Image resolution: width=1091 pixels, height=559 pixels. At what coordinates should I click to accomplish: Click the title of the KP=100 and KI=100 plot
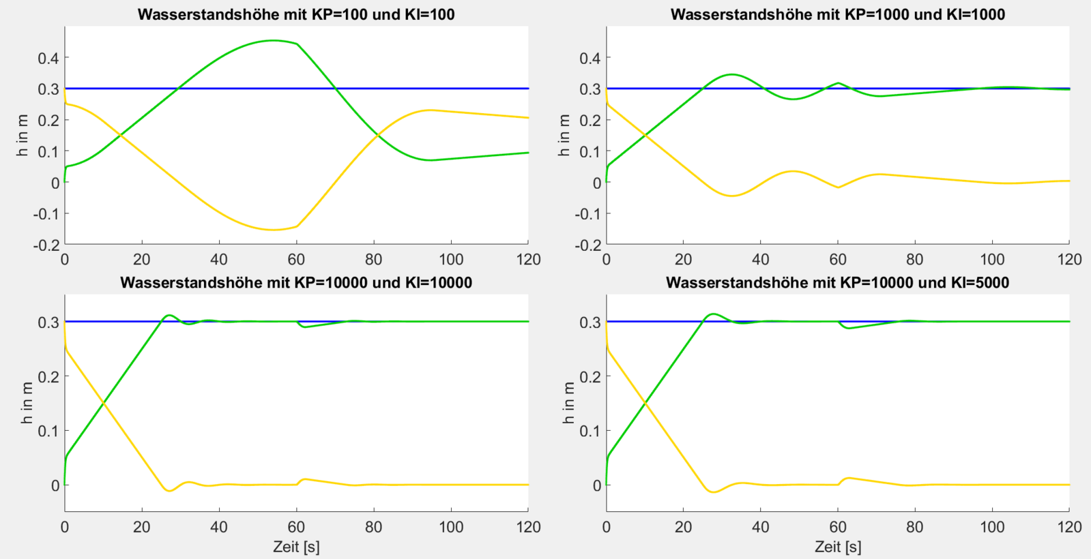pos(296,14)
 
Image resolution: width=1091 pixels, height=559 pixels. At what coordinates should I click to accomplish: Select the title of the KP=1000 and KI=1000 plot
pos(837,14)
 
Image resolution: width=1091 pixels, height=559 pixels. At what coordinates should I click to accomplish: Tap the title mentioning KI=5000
pos(837,282)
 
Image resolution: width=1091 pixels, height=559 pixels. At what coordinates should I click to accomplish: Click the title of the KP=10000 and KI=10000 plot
pos(296,282)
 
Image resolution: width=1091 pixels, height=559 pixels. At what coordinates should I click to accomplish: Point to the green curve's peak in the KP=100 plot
pos(273,40)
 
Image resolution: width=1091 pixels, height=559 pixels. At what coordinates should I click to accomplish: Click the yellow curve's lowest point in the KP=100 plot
pos(273,230)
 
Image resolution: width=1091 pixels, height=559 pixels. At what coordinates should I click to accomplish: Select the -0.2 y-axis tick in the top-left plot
pos(46,245)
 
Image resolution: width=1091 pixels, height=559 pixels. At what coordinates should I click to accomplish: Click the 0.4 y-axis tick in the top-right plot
pos(590,58)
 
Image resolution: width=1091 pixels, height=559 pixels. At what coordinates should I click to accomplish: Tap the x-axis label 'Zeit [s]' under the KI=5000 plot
pos(837,547)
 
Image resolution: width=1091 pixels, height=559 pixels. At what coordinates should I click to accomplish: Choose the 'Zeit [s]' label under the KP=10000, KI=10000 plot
pos(296,547)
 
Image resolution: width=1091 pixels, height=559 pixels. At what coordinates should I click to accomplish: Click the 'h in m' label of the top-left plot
pos(23,136)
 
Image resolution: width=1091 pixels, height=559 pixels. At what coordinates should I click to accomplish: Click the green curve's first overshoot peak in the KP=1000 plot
pos(731,74)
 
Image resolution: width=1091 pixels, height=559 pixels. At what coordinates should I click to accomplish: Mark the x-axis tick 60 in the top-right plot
pos(838,259)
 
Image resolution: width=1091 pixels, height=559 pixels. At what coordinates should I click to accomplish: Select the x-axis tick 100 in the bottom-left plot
pos(451,527)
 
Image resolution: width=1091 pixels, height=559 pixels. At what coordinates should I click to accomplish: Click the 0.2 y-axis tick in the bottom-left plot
pos(48,376)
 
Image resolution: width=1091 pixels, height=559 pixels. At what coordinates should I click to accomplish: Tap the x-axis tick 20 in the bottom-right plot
pos(683,527)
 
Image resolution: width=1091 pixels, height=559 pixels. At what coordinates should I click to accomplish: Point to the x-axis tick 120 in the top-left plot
pos(528,259)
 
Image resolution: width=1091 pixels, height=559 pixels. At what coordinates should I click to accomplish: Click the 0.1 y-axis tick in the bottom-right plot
pos(590,431)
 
